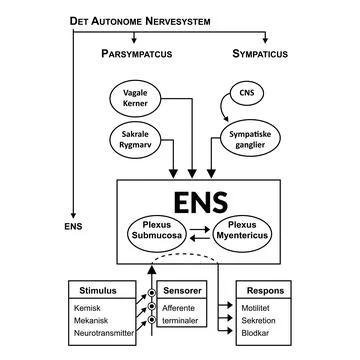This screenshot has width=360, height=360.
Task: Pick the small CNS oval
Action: coord(246,95)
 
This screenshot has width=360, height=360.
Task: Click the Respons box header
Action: coord(264,291)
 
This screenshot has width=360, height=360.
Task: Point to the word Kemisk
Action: coord(87,310)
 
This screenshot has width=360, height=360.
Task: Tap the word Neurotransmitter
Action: coord(102,338)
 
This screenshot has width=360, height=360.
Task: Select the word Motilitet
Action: coord(259,310)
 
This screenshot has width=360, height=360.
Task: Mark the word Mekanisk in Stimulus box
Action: coord(92,324)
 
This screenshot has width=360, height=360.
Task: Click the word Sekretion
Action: coord(260,324)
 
